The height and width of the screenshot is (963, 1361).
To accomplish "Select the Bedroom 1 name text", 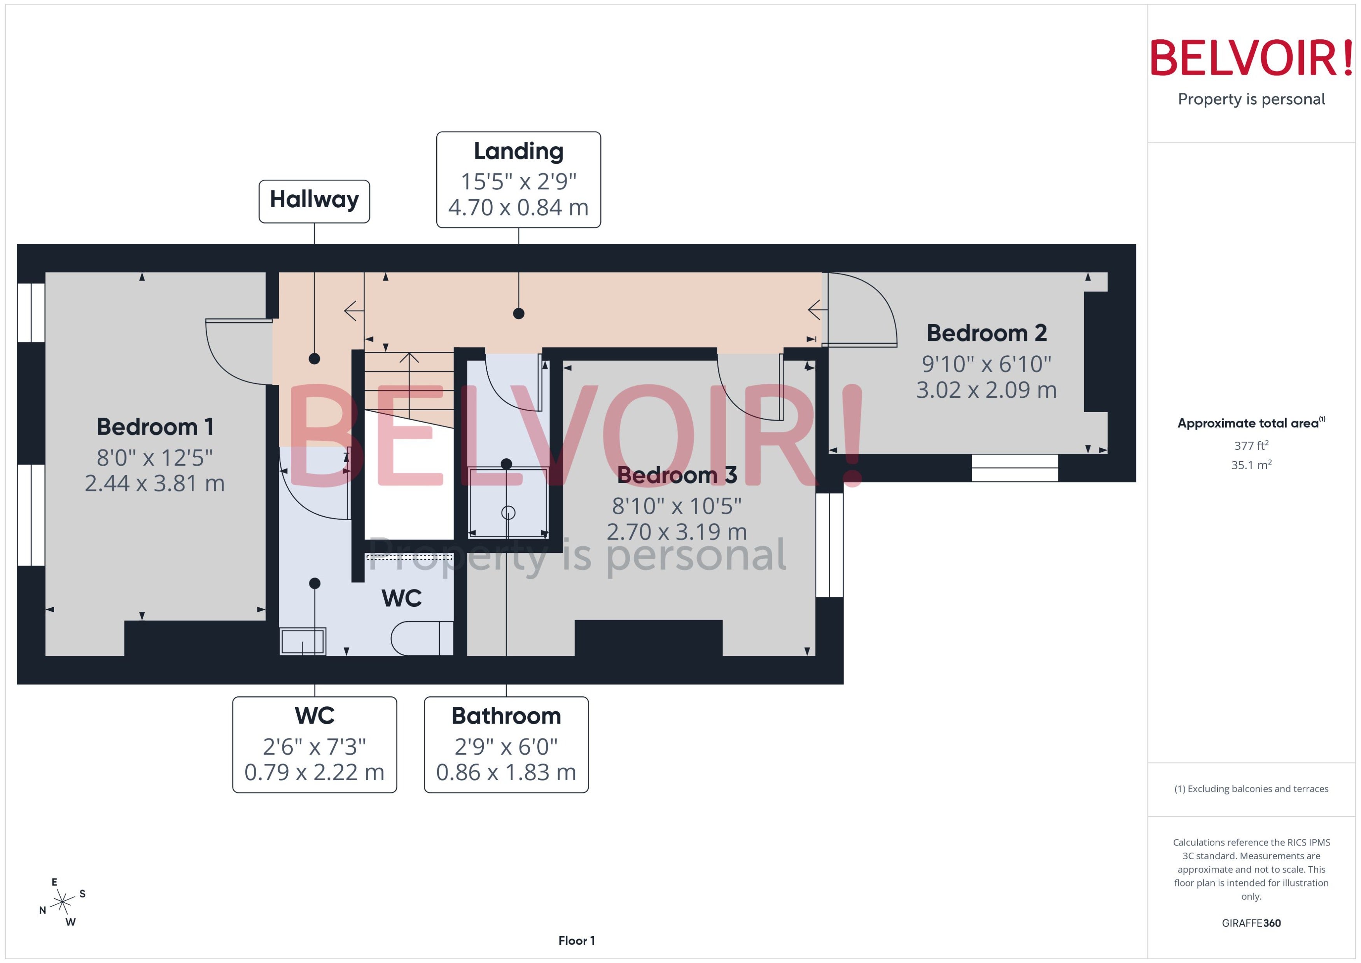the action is tap(155, 426).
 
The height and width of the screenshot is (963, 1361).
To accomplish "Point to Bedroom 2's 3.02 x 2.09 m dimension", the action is tap(986, 390).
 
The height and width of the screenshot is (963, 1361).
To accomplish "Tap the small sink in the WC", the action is tap(303, 641).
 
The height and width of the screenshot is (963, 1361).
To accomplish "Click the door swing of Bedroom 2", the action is tap(862, 309).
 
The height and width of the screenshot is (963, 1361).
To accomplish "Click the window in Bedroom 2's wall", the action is tap(1015, 468).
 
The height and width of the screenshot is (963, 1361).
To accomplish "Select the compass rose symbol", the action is tap(62, 902).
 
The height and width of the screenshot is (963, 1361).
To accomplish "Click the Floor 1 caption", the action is tap(576, 940).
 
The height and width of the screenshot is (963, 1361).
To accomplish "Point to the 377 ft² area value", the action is tap(1251, 445).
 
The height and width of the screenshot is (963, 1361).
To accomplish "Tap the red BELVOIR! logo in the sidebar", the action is tap(1251, 58).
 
